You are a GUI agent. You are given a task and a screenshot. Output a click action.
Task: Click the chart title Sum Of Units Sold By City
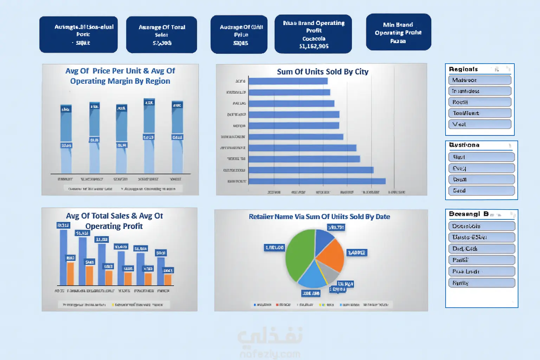pyautogui.click(x=322, y=72)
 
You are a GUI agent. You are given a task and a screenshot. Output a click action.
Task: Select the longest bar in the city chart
pyautogui.click(x=317, y=181)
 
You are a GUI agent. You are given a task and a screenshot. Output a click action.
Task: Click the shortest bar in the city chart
pyautogui.click(x=288, y=81)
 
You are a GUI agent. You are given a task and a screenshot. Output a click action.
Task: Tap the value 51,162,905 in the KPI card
pyautogui.click(x=314, y=46)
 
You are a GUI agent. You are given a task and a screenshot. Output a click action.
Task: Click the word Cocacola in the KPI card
pyautogui.click(x=314, y=39)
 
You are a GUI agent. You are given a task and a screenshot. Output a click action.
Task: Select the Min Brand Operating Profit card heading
pyautogui.click(x=398, y=28)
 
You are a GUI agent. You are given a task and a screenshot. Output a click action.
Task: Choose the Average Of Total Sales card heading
pyautogui.click(x=162, y=31)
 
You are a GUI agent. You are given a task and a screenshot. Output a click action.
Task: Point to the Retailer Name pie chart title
pyautogui.click(x=319, y=217)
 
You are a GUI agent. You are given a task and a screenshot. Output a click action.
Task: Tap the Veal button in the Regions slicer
pyautogui.click(x=480, y=124)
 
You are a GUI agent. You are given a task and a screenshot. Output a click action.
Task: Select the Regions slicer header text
pyautogui.click(x=463, y=69)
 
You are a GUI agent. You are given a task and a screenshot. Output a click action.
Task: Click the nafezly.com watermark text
pyautogui.click(x=270, y=354)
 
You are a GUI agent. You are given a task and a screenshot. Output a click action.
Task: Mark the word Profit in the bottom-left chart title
pyautogui.click(x=133, y=226)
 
